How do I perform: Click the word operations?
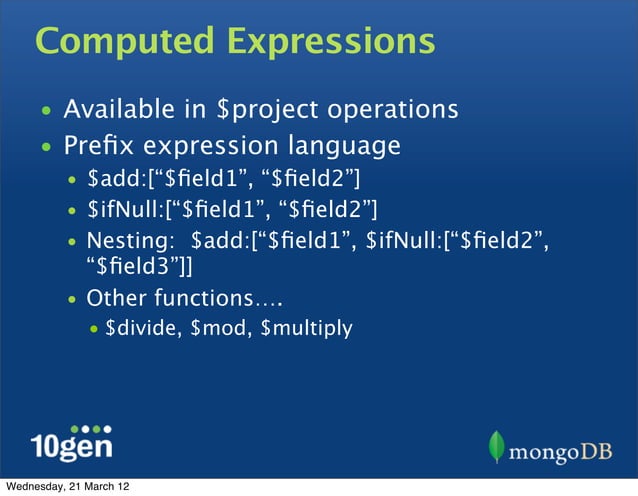coord(399,108)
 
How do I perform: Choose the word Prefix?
coord(101,147)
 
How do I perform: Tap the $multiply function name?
coord(305,327)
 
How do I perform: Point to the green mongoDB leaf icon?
coord(498,447)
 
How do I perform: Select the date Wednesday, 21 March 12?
coord(67,487)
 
